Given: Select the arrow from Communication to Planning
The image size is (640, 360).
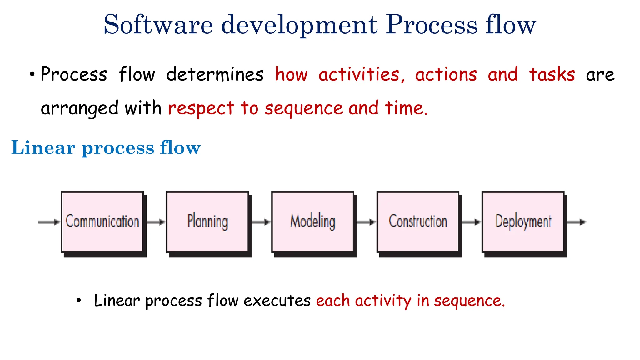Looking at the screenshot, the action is point(156,222).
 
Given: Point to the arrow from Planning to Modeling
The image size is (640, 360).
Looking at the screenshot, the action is point(261,222).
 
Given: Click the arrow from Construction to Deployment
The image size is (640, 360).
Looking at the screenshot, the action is point(471,222).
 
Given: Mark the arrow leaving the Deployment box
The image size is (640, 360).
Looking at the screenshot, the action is point(577,222).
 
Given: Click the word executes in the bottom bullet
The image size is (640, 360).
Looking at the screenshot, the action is point(277,301).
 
